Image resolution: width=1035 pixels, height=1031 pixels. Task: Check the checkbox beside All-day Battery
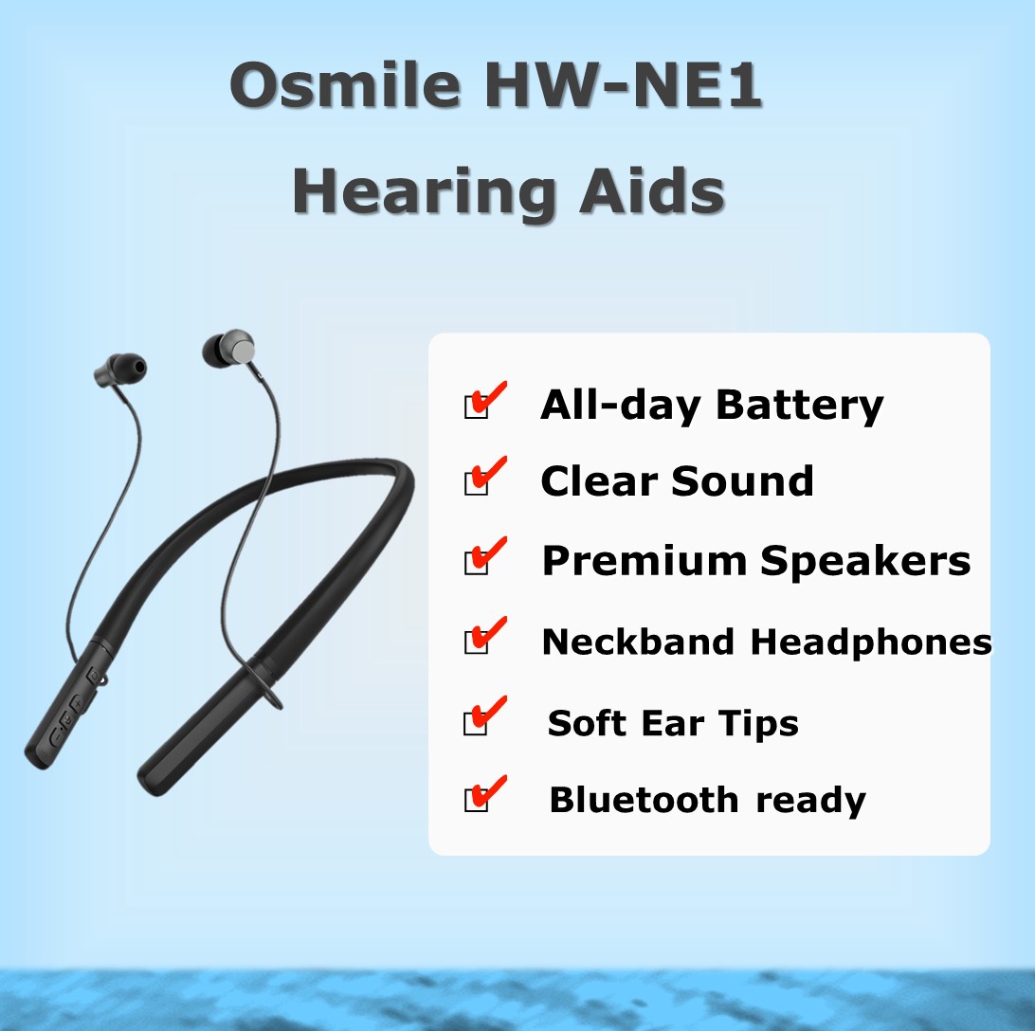click(476, 407)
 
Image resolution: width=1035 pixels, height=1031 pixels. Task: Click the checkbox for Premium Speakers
click(476, 562)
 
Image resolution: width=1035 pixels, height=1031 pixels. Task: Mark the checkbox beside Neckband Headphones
click(476, 642)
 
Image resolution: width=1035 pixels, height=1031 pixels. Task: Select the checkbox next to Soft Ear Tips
click(476, 723)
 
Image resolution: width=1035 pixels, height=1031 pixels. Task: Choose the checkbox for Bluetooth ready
click(476, 800)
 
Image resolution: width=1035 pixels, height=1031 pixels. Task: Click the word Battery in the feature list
click(799, 406)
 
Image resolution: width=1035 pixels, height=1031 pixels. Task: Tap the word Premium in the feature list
click(645, 561)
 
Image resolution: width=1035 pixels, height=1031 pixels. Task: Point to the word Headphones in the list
click(871, 642)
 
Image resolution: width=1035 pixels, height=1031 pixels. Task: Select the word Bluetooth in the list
click(644, 800)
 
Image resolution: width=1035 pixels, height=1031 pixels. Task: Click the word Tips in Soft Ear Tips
click(758, 723)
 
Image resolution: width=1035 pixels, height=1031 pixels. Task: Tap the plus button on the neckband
click(77, 704)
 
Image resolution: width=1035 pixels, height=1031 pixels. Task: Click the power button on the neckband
click(95, 676)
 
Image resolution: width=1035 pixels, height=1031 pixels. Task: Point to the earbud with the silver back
click(228, 349)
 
